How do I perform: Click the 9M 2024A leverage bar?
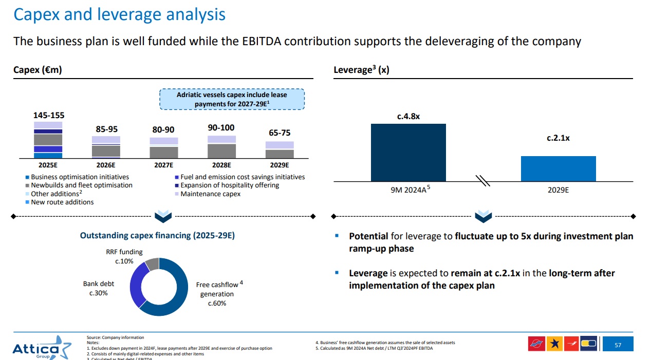coord(408,152)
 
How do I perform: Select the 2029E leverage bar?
coord(558,168)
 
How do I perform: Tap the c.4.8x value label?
coord(408,117)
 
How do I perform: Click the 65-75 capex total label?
coord(280,133)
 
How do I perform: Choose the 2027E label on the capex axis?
coord(163,165)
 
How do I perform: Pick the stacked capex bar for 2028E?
coord(221,147)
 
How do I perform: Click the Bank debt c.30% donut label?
coord(99,288)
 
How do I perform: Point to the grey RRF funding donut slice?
coord(152,264)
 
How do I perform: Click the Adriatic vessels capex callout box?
coord(232,99)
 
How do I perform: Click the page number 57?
coord(618,345)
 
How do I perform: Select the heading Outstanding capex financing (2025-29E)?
coord(157,236)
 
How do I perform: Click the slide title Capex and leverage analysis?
coord(119,14)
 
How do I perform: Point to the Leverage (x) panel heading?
coord(361,70)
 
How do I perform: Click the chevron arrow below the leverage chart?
coord(483,217)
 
